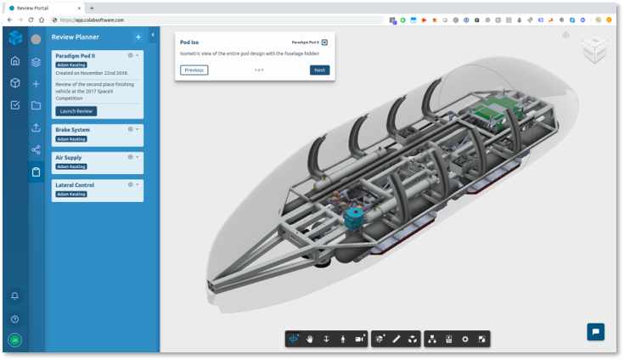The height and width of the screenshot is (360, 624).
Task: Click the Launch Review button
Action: click(76, 111)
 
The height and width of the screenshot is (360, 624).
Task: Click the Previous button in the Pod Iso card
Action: click(194, 70)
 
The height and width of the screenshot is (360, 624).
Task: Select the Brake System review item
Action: click(73, 130)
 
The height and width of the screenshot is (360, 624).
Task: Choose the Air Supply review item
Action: click(70, 157)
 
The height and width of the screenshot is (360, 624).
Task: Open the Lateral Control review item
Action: click(75, 184)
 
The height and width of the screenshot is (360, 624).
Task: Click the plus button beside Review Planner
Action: click(138, 37)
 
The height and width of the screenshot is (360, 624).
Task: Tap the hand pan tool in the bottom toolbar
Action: click(310, 339)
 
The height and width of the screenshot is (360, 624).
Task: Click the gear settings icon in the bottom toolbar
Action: click(465, 339)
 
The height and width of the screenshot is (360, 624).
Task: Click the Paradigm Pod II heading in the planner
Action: click(76, 55)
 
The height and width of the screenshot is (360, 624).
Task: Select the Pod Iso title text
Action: click(189, 42)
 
